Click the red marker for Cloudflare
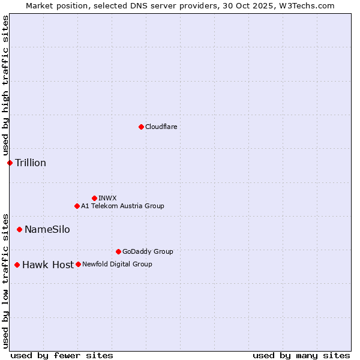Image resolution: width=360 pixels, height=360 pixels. (141, 127)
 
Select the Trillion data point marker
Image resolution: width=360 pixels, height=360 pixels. (10, 163)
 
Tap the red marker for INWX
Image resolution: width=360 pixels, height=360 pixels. (94, 198)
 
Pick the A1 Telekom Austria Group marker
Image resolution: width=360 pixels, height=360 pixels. (77, 206)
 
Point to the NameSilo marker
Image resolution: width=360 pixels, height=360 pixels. (19, 229)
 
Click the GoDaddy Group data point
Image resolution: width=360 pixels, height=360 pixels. (118, 251)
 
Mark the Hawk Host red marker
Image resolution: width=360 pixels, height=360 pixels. (17, 265)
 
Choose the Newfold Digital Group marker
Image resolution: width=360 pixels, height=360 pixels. (78, 264)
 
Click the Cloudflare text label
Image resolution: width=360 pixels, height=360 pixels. (161, 127)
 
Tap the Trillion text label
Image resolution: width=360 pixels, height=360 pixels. (31, 163)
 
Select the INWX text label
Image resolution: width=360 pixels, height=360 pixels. (107, 198)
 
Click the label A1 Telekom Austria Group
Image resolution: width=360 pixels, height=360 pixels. (122, 206)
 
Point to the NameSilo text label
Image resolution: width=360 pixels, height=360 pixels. (47, 229)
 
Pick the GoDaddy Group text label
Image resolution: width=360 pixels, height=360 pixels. (148, 251)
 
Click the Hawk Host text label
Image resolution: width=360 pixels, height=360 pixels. (48, 265)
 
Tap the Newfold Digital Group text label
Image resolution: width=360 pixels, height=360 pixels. (117, 264)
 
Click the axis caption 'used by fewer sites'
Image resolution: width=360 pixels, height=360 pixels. (62, 355)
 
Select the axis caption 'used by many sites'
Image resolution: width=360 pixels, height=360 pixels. (301, 355)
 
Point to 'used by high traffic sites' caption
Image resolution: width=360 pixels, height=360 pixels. (5, 86)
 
